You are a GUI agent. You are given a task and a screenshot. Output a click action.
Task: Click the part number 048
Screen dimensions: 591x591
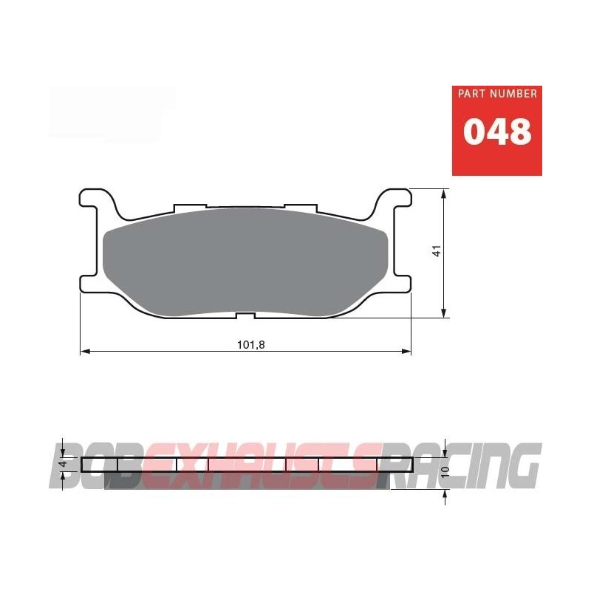click(x=497, y=132)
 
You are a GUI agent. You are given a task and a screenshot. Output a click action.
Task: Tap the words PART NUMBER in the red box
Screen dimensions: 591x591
click(x=497, y=95)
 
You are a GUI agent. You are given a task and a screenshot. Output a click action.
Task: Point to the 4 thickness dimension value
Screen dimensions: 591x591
click(x=65, y=465)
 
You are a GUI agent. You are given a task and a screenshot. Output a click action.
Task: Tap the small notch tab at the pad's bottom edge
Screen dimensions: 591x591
click(x=246, y=316)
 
